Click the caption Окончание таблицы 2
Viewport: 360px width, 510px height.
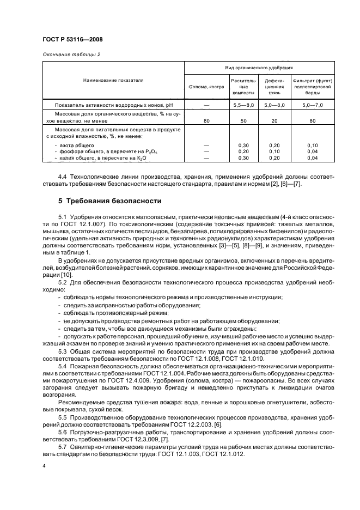click(x=71, y=54)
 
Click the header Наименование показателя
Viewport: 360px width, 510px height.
click(x=113, y=80)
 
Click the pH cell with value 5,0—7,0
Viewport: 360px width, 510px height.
click(x=312, y=104)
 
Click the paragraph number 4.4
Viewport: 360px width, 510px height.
click(x=63, y=178)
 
